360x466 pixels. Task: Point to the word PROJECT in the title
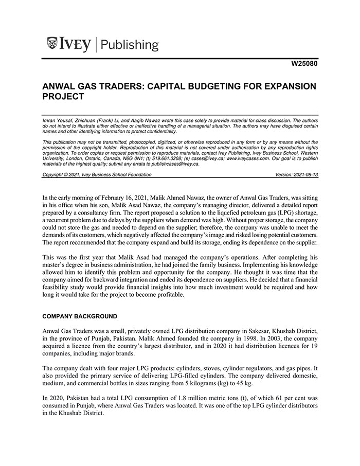tap(63, 96)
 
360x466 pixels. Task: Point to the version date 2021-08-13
tap(304, 175)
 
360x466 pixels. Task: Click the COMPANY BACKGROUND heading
tap(79, 316)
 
